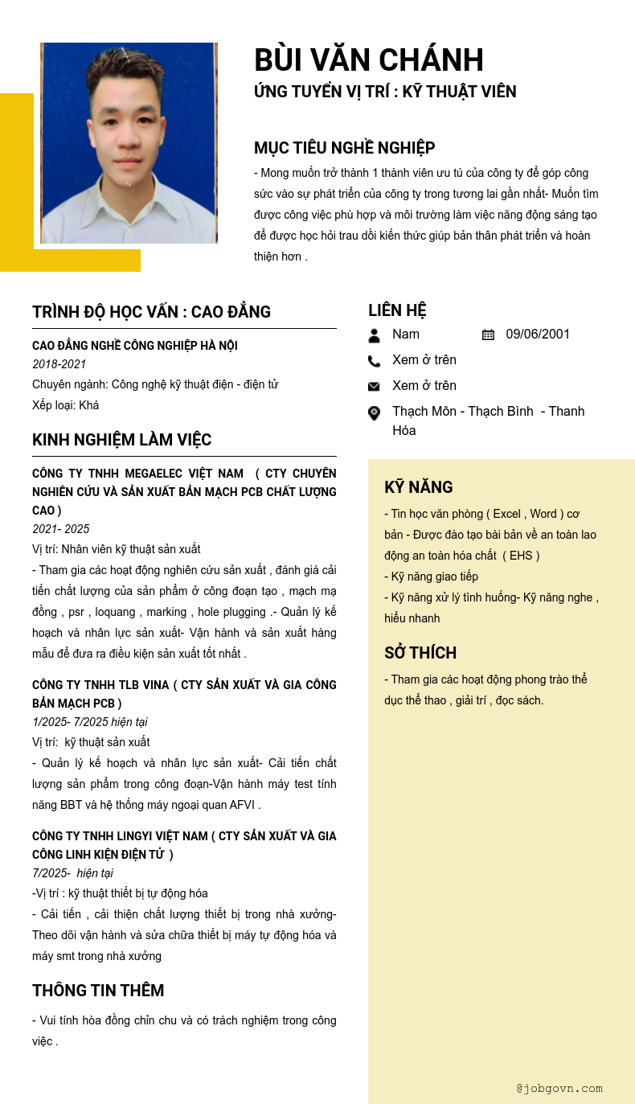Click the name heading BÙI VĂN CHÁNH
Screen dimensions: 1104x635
[x=368, y=60]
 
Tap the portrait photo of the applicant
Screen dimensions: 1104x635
[x=129, y=143]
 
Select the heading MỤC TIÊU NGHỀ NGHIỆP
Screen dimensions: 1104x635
[x=344, y=148]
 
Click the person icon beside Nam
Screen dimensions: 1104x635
[x=374, y=335]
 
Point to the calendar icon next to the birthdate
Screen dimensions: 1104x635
[x=488, y=334]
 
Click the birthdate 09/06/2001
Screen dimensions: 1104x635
[x=538, y=334]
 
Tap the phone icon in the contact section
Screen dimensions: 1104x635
[x=374, y=361]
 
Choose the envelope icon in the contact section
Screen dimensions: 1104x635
[x=374, y=387]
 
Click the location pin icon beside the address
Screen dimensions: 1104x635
[x=374, y=413]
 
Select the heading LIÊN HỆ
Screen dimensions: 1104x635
[x=397, y=310]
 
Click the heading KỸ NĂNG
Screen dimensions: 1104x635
[x=418, y=487]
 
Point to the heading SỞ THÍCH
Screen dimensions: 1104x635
[x=420, y=653]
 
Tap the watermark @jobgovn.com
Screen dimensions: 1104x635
[x=559, y=1089]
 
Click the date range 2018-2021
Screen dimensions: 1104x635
[x=59, y=364]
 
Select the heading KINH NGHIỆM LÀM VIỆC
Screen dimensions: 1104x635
[x=121, y=440]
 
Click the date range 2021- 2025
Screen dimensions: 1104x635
[x=61, y=529]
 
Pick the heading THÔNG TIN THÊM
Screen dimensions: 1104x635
[x=98, y=991]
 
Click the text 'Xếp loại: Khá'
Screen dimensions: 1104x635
[x=65, y=405]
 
